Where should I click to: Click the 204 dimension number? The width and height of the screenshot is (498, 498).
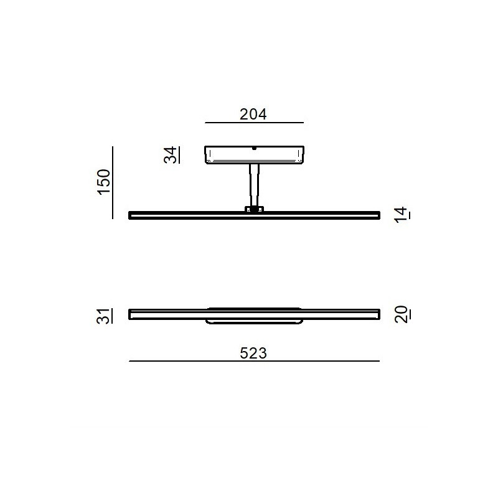[x=253, y=115]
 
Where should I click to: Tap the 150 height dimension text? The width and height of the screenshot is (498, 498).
[x=104, y=181]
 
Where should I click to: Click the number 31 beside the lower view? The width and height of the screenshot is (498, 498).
[x=104, y=315]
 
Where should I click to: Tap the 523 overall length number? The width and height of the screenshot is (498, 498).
[x=253, y=353]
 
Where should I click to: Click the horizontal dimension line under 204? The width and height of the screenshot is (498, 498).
[x=254, y=123]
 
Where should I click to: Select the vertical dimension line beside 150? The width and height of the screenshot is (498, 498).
[x=113, y=182]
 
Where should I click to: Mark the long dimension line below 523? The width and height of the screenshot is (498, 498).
[x=254, y=361]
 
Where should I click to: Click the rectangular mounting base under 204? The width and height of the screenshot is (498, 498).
[x=254, y=154]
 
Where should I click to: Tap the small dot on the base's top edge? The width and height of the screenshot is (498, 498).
[x=254, y=149]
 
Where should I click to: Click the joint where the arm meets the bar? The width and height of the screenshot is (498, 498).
[x=254, y=209]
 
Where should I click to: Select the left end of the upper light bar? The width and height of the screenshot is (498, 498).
[x=131, y=215]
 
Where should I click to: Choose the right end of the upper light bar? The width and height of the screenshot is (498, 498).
[x=377, y=215]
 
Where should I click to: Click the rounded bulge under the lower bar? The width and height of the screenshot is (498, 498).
[x=254, y=321]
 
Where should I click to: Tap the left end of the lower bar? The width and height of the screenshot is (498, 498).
[x=131, y=314]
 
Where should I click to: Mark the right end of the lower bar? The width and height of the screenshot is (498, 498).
[x=377, y=314]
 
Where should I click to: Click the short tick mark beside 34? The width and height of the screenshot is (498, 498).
[x=179, y=154]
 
